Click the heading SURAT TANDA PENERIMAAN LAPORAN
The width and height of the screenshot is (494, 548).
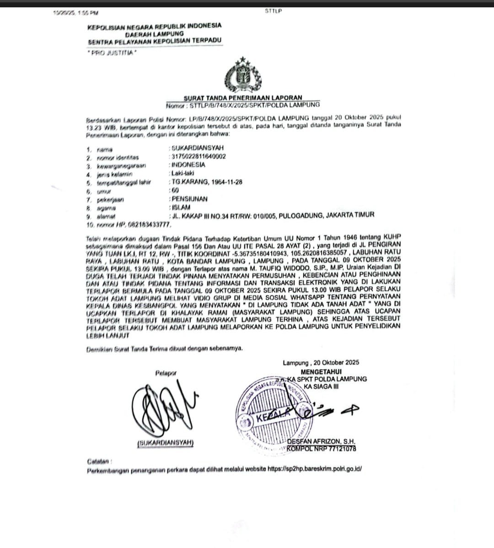(243, 98)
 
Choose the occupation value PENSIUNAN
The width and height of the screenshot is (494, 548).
(189, 199)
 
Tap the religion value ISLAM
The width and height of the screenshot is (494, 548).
(181, 208)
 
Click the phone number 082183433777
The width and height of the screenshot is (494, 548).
(146, 225)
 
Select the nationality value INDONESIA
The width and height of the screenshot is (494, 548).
(188, 165)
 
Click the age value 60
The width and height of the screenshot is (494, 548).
(175, 190)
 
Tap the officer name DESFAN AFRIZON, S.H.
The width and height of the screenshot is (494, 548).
(321, 442)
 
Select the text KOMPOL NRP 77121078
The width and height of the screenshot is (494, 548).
(322, 449)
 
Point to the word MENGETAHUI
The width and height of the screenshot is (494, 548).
(321, 372)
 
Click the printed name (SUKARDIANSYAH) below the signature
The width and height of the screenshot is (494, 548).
(165, 443)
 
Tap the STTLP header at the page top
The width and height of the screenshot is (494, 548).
(273, 11)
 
